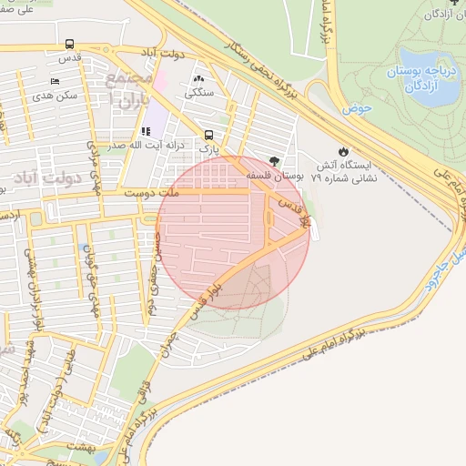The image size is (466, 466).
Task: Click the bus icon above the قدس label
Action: [x=70, y=44]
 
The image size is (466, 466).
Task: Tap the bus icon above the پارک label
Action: [x=209, y=135]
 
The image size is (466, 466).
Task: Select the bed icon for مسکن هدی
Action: [x=54, y=82]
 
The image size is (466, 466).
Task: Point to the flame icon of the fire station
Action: [x=343, y=152]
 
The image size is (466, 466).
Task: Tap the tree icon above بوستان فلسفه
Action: [x=275, y=159]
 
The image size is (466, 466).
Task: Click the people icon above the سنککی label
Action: [x=199, y=79]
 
